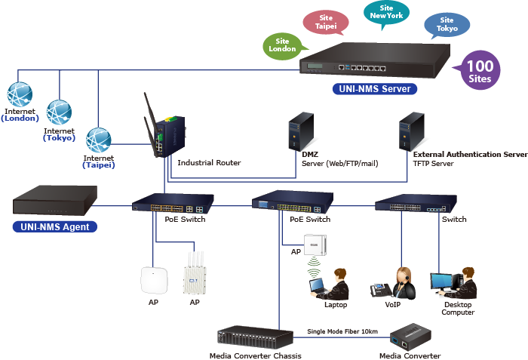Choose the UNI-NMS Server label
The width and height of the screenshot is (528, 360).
click(374, 89)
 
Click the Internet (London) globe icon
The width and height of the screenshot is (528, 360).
click(20, 95)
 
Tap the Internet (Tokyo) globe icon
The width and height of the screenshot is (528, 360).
click(59, 112)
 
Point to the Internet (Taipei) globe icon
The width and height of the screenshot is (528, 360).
click(98, 140)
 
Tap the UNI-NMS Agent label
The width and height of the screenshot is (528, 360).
click(55, 226)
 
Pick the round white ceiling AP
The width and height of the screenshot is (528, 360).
click(152, 279)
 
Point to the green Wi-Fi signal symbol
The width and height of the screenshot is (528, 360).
click(314, 266)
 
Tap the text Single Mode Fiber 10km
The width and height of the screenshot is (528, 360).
click(342, 331)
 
